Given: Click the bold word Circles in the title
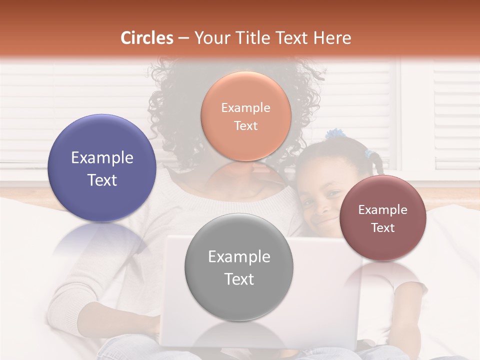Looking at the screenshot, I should (x=147, y=38).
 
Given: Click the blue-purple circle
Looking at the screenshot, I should (x=102, y=168).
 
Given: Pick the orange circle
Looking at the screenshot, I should (x=245, y=116).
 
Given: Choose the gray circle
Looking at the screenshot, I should (x=239, y=267).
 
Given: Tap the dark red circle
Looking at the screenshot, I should (x=383, y=218).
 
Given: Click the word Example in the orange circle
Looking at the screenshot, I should (x=245, y=107).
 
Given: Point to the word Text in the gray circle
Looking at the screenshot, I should (x=239, y=279).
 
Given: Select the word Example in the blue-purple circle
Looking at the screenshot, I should (x=102, y=158).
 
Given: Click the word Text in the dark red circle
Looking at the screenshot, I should (x=383, y=227).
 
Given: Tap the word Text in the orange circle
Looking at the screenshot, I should (x=245, y=125).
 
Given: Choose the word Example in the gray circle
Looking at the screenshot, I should (x=239, y=257).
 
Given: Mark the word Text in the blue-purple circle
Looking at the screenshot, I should (x=102, y=180).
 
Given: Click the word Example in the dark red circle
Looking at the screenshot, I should (x=383, y=210).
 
